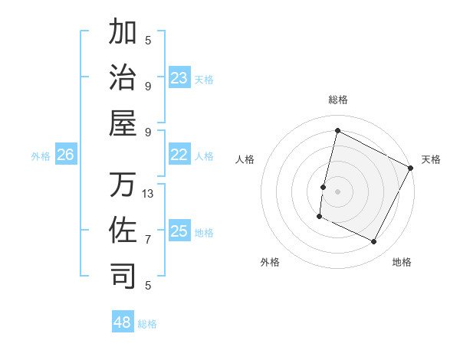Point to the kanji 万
[123, 184]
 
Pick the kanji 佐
[123, 229]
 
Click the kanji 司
[123, 275]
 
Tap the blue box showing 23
[179, 78]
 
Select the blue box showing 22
[179, 155]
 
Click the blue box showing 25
[179, 231]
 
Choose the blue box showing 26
[66, 155]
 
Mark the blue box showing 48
[123, 322]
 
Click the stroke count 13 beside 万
[148, 194]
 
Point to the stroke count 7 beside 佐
[148, 240]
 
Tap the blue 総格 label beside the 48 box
[147, 324]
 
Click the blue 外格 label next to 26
[41, 156]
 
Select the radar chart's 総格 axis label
[337, 100]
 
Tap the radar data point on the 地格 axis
[374, 242]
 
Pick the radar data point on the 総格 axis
[337, 131]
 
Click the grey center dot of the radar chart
[337, 191]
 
